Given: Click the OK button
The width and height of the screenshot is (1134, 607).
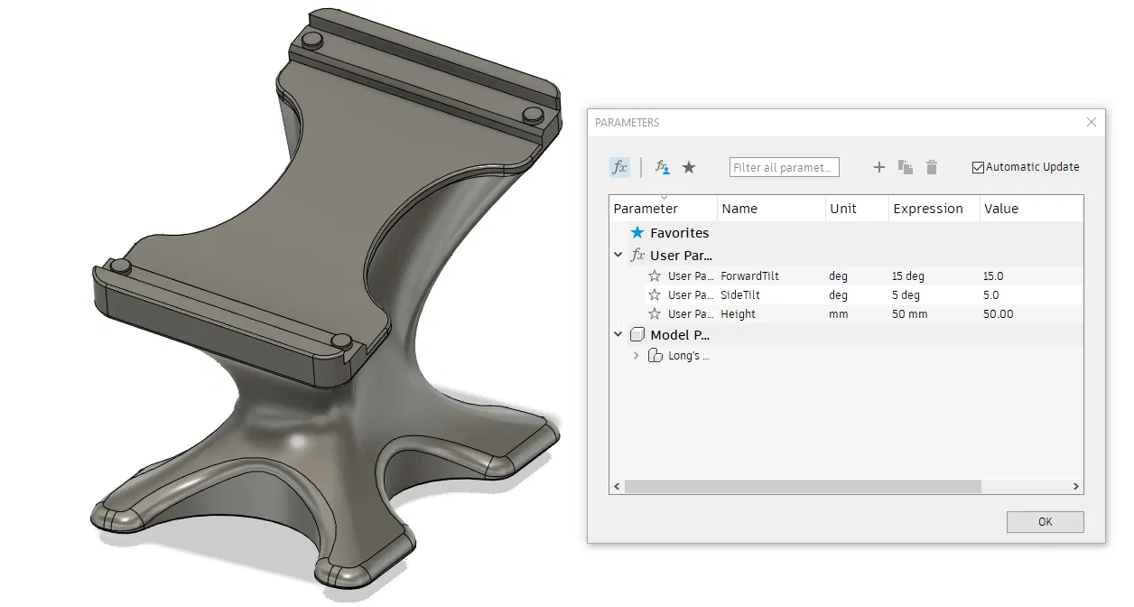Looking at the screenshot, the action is pos(1045,522).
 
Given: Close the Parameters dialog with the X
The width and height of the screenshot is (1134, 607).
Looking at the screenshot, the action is pos(1092,122).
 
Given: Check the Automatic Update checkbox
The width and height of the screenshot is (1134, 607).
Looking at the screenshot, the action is pos(978,167).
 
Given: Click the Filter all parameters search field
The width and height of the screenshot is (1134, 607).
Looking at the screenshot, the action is pos(785,167).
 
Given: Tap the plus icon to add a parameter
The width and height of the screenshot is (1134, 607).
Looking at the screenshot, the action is pos(879,167).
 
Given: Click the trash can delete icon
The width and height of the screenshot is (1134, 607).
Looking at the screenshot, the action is pos(932,167).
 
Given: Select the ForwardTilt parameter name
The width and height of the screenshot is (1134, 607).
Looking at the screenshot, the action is pos(749,276).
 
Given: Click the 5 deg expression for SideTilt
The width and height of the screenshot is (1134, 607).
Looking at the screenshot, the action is pos(906,294).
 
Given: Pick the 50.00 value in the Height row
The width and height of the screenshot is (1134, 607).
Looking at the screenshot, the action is pos(999,314).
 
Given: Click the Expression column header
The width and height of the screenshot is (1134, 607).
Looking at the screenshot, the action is pos(928,209).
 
